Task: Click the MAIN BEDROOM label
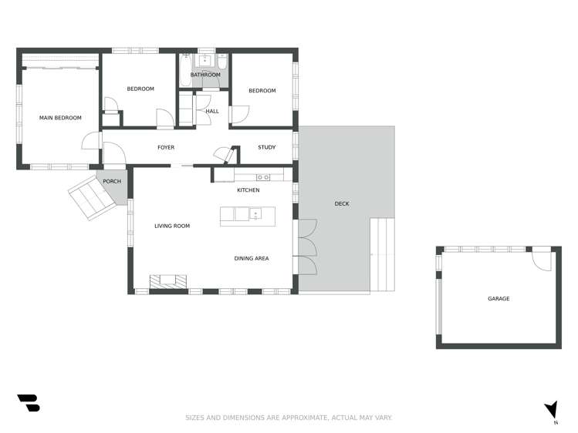coord(60,118)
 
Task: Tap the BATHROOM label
coord(205,75)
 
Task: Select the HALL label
coord(212,111)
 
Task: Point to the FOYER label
coord(166,147)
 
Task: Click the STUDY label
coord(267,147)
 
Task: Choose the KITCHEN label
coord(248,190)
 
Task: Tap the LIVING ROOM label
coord(172,226)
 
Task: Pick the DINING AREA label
coord(252,258)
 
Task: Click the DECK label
coord(342,203)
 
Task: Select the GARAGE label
coord(499,298)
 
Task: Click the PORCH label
coord(112,181)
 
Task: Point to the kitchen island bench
coord(248,215)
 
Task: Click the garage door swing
coord(541,260)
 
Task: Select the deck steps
coord(382,254)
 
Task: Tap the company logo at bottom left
coord(28,403)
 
